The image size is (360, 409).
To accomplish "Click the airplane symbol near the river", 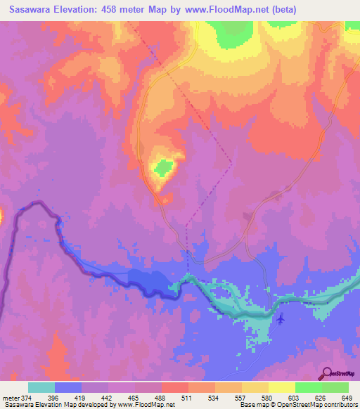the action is coord(281,320).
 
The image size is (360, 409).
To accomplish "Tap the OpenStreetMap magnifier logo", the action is coord(326,374).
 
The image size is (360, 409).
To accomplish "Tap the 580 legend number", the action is coord(268,398).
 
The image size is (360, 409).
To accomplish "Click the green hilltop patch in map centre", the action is coord(164,167).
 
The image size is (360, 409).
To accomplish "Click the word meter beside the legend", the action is coord(11,398).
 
